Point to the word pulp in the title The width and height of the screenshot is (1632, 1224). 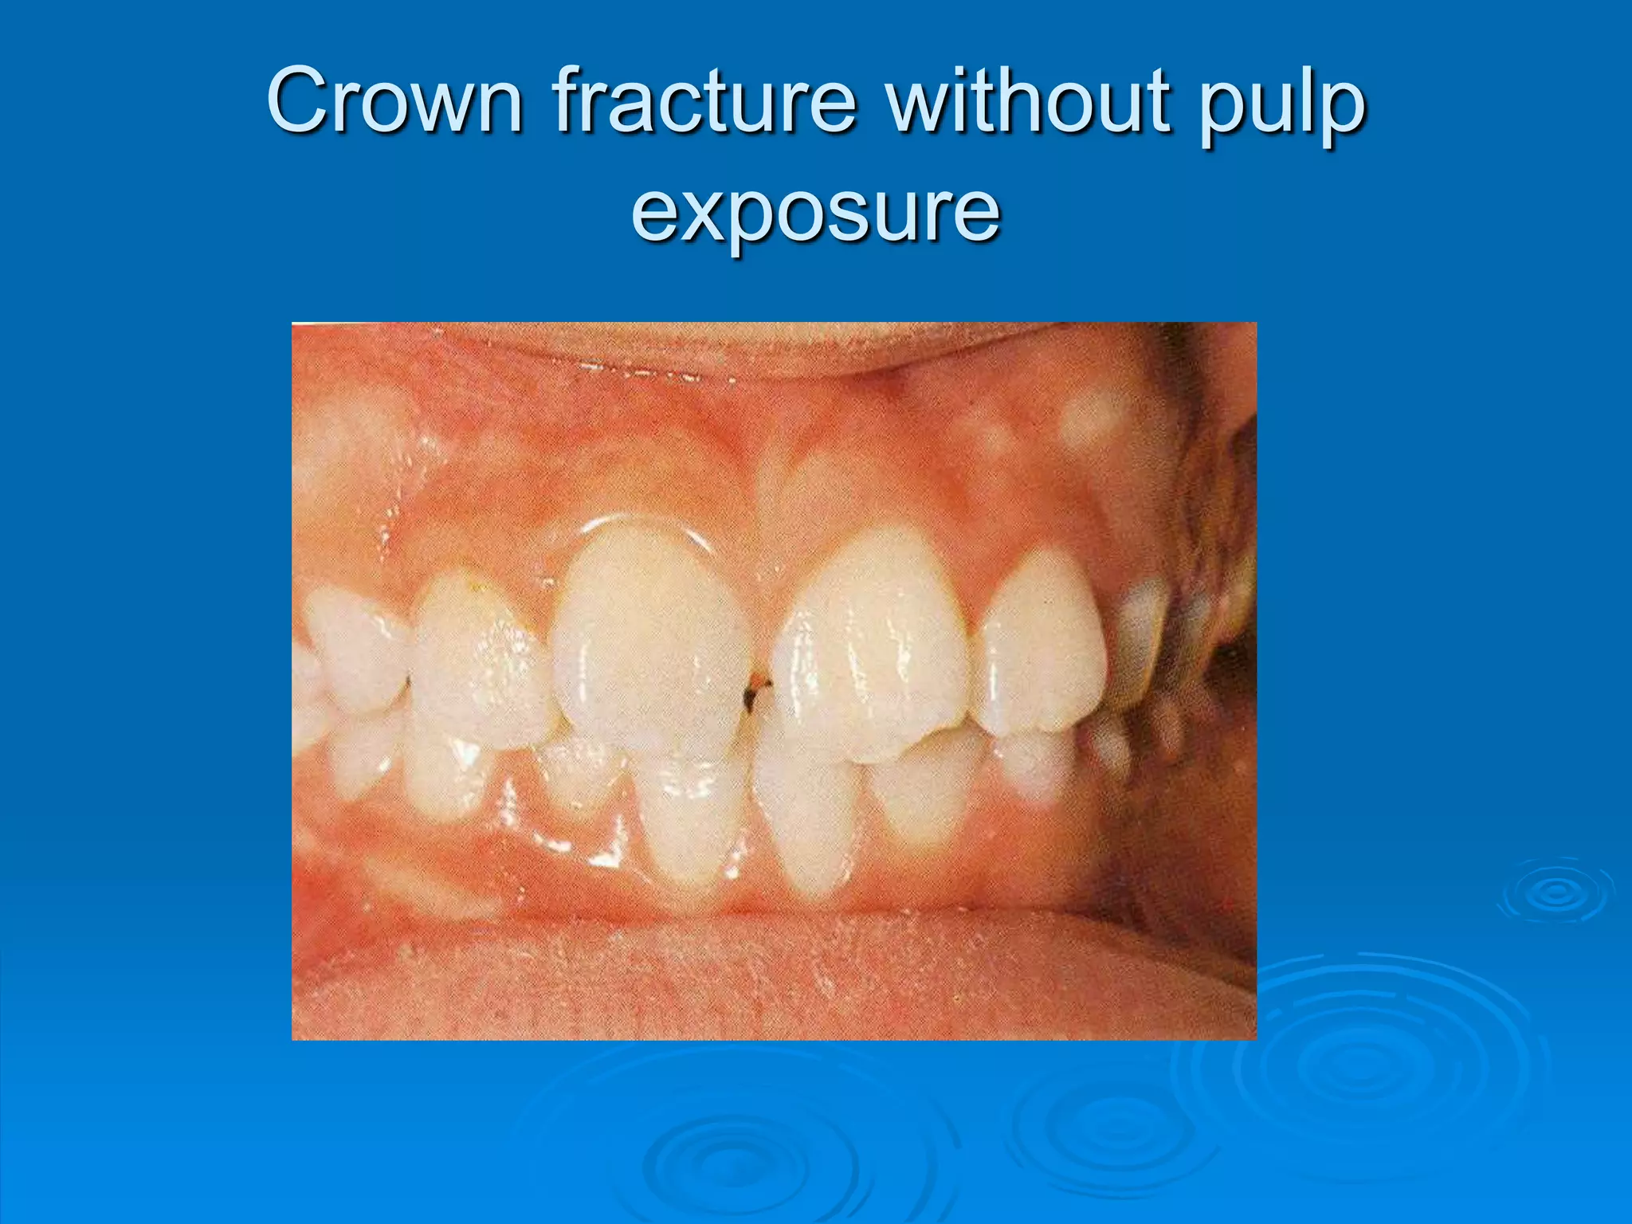pyautogui.click(x=1284, y=108)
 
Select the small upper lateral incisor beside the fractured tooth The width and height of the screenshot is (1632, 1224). pyautogui.click(x=1040, y=645)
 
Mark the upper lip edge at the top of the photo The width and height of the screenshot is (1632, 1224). pyautogui.click(x=717, y=351)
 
